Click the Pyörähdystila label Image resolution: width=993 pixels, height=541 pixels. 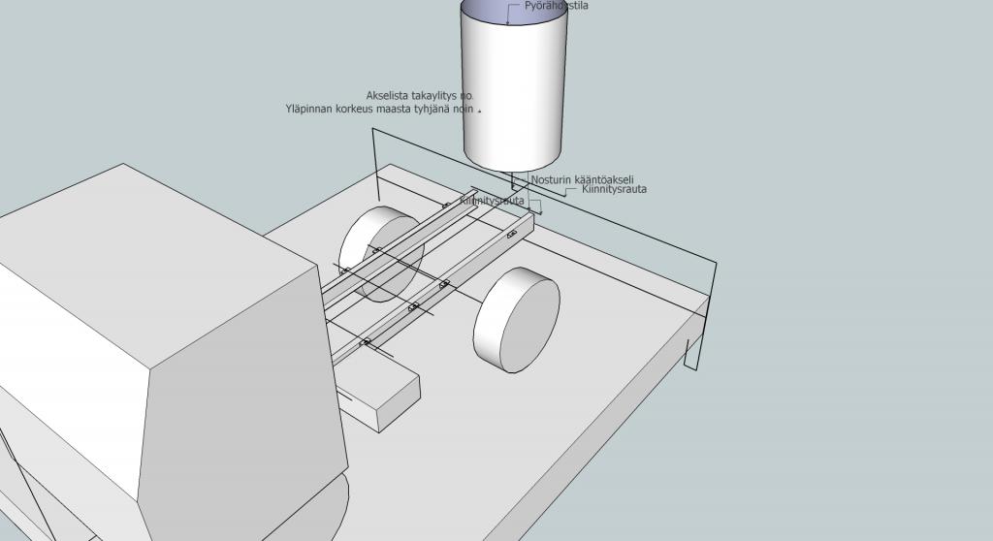pos(556,6)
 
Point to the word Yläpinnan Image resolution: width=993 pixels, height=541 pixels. pos(309,110)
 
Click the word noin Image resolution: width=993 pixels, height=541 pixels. pos(465,110)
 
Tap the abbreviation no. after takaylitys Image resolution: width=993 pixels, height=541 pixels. pos(467,96)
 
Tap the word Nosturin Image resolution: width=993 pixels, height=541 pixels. pos(552,180)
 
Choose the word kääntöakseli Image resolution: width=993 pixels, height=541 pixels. pos(604,180)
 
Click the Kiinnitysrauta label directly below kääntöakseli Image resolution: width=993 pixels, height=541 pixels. pos(614,190)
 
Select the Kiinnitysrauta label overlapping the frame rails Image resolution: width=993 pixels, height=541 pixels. pos(492,201)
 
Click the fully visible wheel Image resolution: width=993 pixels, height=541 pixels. pos(516,318)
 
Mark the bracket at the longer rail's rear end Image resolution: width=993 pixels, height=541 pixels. pos(511,235)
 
